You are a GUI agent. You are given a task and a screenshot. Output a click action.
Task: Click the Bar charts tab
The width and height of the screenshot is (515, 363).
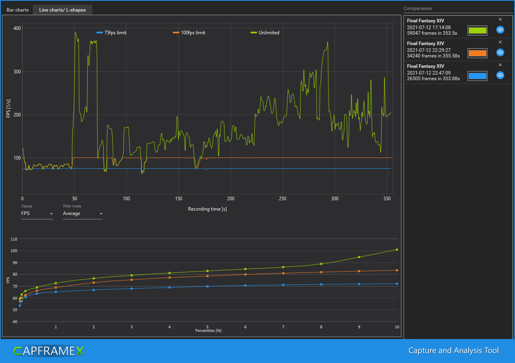tap(18, 10)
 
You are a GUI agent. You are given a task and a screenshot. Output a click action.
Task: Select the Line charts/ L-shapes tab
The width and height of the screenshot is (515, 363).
tap(62, 10)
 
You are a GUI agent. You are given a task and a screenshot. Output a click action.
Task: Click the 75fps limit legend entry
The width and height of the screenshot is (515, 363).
tap(112, 33)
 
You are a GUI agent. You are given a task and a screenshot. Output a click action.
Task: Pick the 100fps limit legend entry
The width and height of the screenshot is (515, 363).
tap(189, 33)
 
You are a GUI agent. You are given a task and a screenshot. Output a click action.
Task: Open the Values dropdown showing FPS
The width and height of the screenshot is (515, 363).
tap(37, 214)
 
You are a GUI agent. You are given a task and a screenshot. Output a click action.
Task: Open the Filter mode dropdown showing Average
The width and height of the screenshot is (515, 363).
tap(83, 214)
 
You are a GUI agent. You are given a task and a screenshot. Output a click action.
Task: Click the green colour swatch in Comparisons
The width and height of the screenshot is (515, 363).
tap(477, 30)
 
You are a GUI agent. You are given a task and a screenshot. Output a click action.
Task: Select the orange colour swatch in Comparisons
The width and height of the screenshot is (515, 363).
tap(477, 53)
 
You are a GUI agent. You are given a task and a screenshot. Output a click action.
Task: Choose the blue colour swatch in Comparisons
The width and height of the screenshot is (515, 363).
tap(477, 76)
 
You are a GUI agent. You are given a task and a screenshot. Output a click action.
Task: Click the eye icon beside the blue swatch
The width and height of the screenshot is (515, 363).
tap(500, 75)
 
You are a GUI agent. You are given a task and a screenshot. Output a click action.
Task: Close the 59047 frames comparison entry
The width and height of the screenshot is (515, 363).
tap(500, 19)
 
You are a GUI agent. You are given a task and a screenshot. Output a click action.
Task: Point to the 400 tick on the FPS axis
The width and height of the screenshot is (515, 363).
tap(17, 28)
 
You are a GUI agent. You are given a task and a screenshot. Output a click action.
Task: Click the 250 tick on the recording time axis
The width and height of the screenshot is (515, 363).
tap(283, 199)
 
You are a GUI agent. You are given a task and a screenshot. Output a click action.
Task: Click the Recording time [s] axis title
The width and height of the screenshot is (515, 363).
tap(207, 209)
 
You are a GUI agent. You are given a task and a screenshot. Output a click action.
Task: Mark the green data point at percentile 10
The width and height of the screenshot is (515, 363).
tap(397, 250)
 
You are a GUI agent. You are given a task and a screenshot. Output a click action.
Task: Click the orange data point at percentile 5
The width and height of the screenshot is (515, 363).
tap(207, 276)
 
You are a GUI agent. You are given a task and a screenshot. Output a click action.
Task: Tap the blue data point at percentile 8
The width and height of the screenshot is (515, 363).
tap(321, 284)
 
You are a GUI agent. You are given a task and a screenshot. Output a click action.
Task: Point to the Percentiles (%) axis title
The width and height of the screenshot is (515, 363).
tap(208, 331)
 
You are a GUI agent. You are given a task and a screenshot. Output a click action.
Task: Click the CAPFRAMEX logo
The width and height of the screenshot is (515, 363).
tap(49, 351)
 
